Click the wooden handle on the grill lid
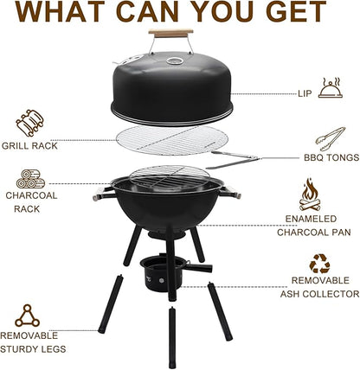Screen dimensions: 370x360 pos(170,34)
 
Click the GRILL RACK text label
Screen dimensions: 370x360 pos(29,146)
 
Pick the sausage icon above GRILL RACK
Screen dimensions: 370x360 pos(29,121)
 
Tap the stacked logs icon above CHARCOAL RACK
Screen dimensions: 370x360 pos(30,180)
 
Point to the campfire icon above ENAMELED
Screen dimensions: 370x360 pos(310,195)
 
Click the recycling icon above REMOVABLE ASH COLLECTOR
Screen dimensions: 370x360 pos(319,264)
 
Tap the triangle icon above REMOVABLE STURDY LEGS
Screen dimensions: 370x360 pos(27,316)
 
